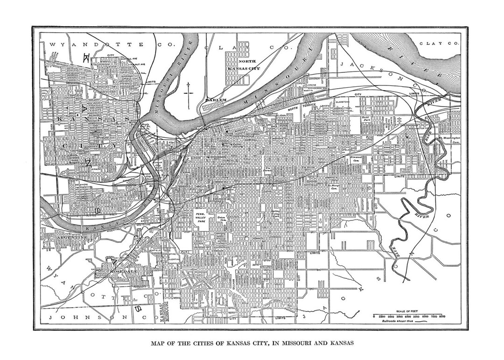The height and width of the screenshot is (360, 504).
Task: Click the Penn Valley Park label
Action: pyautogui.click(x=201, y=216)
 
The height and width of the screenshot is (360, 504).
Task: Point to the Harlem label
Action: pyautogui.click(x=216, y=100)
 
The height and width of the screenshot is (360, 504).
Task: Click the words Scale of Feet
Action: pyautogui.click(x=407, y=311)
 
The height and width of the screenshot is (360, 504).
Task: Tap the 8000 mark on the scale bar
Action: pyautogui.click(x=442, y=317)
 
